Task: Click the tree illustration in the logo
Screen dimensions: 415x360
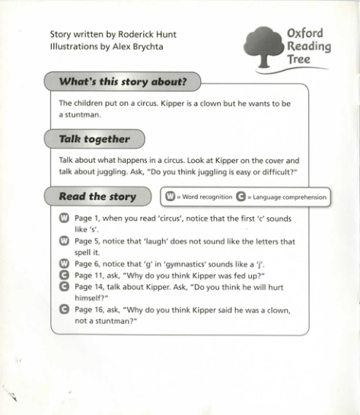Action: click(263, 46)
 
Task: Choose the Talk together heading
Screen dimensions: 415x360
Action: click(94, 139)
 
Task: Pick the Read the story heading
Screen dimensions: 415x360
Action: click(97, 196)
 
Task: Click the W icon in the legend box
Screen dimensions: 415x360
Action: click(171, 197)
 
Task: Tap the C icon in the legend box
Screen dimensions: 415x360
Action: click(241, 197)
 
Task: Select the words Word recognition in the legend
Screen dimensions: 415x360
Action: click(207, 197)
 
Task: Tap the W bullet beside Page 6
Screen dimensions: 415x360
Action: click(64, 263)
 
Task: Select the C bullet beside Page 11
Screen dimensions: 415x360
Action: click(64, 274)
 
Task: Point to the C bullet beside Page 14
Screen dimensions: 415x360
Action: click(64, 286)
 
